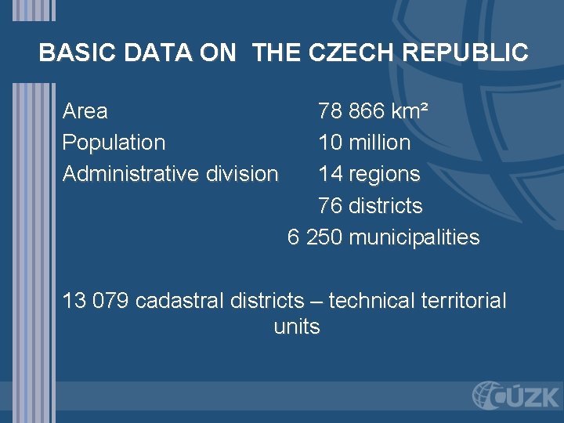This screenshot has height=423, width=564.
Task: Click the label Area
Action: click(x=85, y=111)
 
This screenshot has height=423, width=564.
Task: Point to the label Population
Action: click(x=114, y=143)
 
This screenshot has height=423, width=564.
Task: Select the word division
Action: click(x=242, y=173)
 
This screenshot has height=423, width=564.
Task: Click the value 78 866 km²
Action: click(x=373, y=111)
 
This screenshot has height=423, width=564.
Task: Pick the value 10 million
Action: click(x=364, y=143)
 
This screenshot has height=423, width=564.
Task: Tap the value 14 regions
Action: click(x=369, y=173)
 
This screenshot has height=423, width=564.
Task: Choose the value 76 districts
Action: click(x=370, y=206)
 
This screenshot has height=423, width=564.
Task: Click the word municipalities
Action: click(x=414, y=237)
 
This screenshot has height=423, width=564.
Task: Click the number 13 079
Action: click(x=96, y=301)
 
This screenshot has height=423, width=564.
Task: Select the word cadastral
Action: click(x=180, y=301)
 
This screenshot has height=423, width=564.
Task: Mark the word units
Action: click(x=297, y=327)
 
